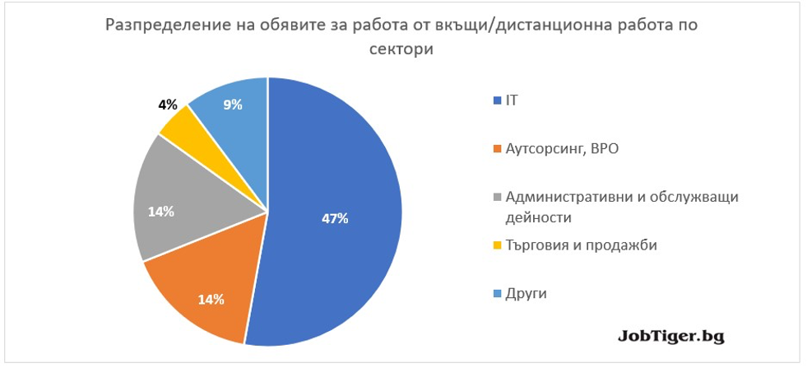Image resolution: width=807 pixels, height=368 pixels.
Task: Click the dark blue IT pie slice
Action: click(337, 206)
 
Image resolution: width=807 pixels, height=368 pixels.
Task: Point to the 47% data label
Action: click(335, 219)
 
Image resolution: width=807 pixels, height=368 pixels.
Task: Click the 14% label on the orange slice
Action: click(211, 299)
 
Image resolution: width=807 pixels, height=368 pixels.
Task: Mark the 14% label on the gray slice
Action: click(160, 212)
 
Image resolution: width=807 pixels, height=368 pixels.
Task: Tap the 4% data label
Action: click(168, 105)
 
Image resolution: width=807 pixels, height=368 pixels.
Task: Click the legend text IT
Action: click(512, 100)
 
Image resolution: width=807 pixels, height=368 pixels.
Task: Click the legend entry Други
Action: click(526, 293)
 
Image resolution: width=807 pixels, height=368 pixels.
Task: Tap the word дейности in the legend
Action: click(539, 217)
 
